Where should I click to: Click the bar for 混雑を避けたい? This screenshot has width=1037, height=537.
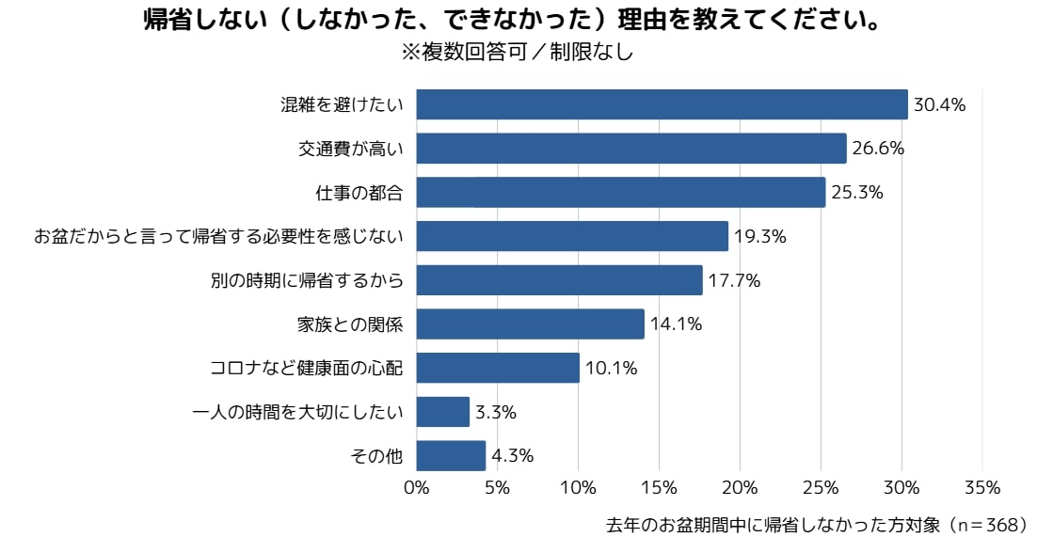coord(662,104)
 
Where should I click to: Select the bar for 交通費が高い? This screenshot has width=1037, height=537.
coord(631,149)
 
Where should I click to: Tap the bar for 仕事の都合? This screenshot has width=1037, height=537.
coord(620,192)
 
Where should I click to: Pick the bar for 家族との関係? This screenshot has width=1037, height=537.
coord(530,324)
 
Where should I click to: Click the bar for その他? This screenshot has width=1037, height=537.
coord(451,456)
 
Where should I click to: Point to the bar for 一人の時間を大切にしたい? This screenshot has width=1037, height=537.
coord(442,412)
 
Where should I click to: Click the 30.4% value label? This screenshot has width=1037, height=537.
coord(940,105)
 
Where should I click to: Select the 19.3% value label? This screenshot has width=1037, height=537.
coord(759,237)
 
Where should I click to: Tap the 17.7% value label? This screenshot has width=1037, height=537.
coord(734,280)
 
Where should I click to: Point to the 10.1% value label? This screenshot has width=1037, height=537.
coord(611,369)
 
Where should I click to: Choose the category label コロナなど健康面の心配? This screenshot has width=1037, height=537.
coord(306,369)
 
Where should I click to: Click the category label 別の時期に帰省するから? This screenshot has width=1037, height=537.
coord(306,280)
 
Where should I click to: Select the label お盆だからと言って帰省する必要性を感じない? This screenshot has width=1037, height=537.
coord(218,237)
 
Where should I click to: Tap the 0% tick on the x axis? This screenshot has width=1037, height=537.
coord(416,487)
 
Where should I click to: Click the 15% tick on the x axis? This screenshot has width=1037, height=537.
coord(659,487)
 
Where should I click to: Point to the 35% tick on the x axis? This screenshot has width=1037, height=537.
coord(982,487)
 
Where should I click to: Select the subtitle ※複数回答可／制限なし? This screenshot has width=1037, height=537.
coord(518,53)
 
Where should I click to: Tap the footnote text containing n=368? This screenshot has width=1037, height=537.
coord(817,524)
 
